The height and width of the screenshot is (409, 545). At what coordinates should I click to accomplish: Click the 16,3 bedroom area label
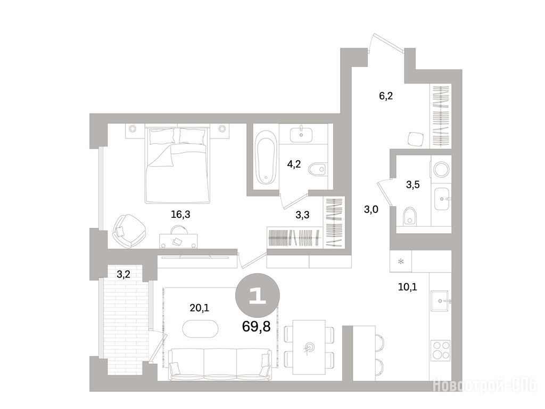180,215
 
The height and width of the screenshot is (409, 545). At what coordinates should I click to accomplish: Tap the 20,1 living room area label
200,308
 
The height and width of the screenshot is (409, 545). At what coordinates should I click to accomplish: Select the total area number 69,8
256,327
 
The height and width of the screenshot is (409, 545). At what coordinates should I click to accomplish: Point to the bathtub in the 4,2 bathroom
266,157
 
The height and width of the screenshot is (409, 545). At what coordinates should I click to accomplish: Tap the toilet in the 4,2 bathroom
318,169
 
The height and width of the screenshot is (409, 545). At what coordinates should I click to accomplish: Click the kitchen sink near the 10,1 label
441,301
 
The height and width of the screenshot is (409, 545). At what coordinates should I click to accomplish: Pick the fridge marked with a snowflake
400,261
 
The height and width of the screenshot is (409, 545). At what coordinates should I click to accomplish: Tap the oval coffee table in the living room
201,328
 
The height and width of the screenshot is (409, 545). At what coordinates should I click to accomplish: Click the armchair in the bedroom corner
129,231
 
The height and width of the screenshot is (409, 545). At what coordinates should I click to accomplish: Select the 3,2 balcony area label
123,274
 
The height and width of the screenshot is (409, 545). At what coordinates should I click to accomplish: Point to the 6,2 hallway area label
386,96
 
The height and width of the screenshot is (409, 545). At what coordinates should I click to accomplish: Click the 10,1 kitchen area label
407,287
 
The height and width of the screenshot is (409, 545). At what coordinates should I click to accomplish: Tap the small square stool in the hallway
415,139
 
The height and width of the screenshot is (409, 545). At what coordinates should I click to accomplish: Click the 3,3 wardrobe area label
302,215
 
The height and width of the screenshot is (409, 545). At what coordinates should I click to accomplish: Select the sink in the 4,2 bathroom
301,135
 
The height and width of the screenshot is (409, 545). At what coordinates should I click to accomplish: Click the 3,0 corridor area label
371,209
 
